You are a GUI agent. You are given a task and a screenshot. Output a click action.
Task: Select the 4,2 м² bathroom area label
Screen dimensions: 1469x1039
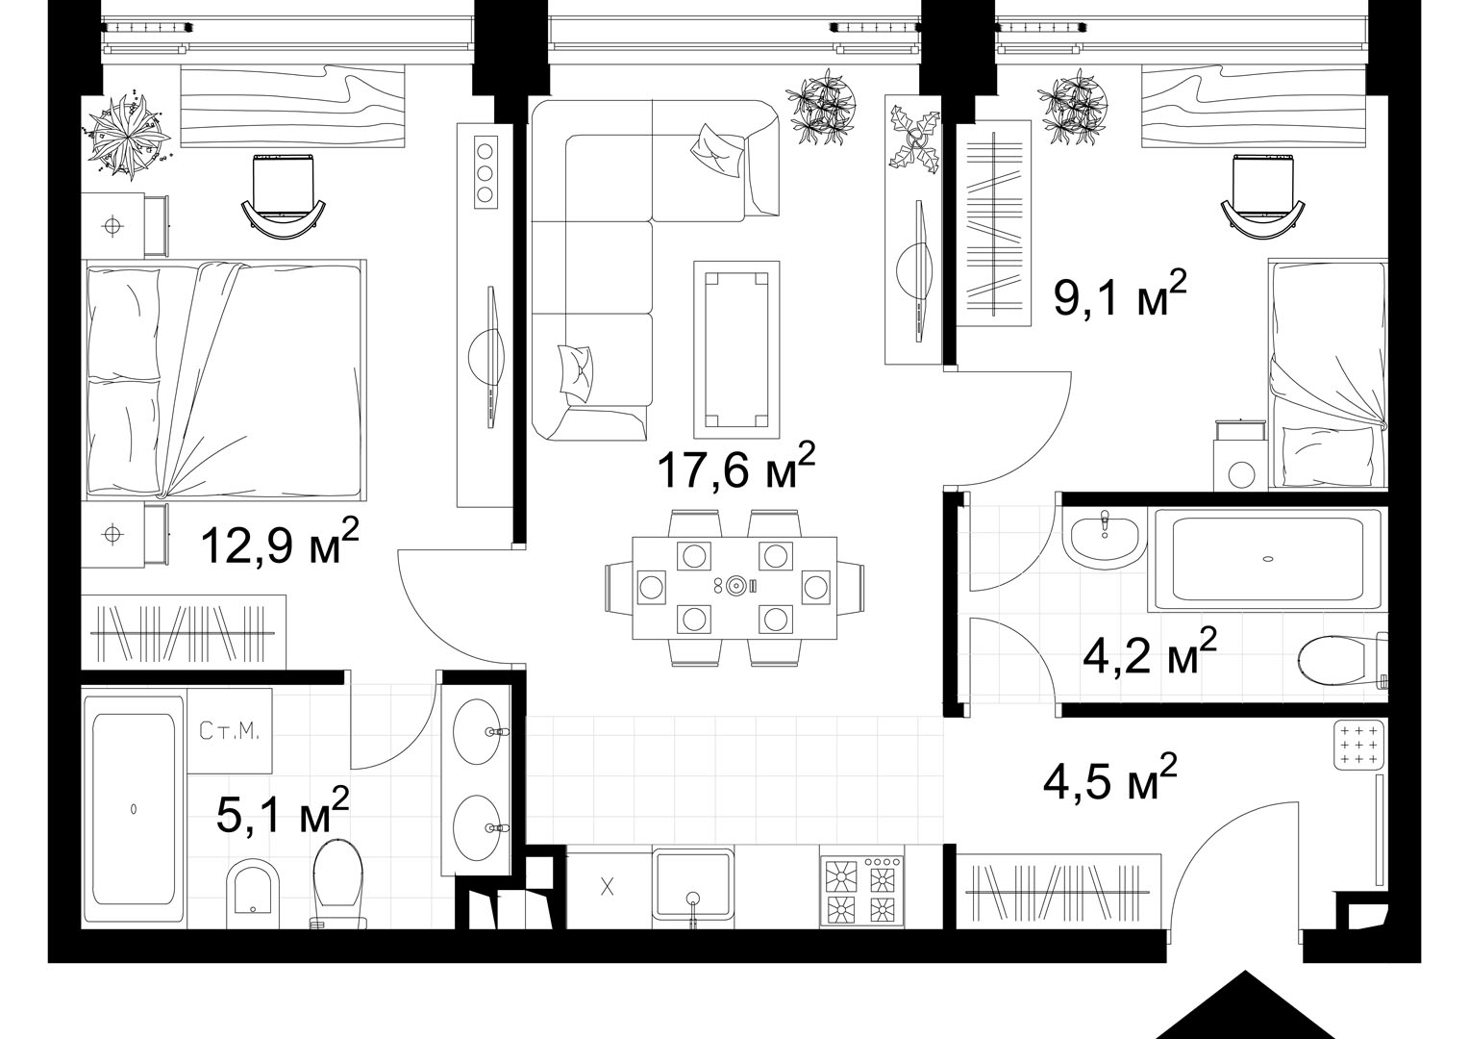pos(1150,654)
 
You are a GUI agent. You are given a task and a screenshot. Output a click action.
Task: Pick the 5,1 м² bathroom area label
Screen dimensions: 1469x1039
pos(283,812)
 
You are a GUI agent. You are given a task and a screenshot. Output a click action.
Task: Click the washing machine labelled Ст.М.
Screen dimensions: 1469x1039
pos(230,730)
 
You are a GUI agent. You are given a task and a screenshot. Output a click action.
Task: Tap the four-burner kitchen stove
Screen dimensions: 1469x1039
pos(862,891)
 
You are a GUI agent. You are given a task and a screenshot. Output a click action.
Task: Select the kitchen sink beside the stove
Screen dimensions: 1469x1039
pos(693,887)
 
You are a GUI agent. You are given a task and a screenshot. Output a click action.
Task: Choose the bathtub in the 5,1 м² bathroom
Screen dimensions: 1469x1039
pos(134,812)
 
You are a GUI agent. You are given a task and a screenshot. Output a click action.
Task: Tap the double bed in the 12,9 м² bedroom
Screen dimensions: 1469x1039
pos(224,379)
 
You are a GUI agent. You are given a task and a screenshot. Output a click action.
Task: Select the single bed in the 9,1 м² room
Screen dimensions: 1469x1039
pos(1328,373)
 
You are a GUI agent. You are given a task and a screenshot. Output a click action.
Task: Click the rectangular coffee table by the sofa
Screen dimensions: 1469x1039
pos(736,349)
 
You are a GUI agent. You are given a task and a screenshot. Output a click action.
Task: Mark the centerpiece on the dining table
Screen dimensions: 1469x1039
pos(737,585)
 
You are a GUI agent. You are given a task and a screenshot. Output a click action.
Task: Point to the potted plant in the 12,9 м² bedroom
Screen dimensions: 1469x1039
pos(127,136)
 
